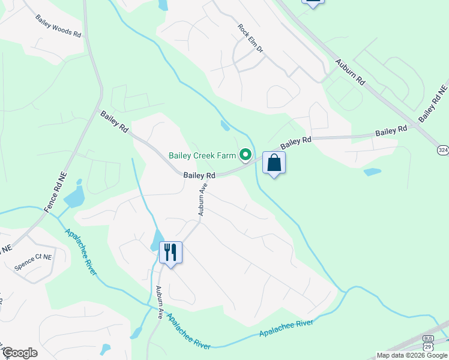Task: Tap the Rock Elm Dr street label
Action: pos(250,37)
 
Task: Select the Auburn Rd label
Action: pos(351,71)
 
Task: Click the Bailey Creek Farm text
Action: pos(202,155)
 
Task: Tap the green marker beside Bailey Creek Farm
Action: pos(246,156)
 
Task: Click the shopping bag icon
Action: pos(274,163)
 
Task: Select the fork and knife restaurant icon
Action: pos(170,252)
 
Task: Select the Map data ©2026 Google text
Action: pos(412,355)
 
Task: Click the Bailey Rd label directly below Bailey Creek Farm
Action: pos(199,175)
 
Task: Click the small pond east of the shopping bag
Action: pos(372,172)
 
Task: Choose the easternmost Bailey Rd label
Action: pos(391,130)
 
